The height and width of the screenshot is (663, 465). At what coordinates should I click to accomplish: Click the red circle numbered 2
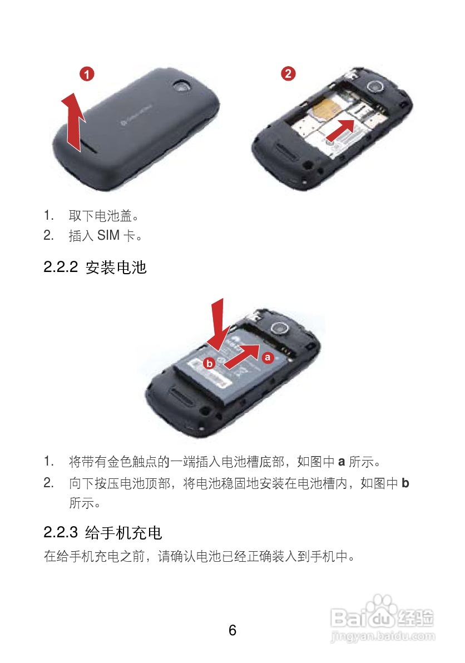288,73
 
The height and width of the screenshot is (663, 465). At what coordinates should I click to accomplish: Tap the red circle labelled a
268,358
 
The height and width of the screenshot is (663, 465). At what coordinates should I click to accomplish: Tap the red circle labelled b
209,364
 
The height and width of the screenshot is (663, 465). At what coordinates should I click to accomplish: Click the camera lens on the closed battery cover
181,86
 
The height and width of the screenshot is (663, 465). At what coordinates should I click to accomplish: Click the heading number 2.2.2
60,268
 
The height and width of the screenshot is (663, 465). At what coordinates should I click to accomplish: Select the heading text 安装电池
116,268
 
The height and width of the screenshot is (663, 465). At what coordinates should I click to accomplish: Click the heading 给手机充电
123,533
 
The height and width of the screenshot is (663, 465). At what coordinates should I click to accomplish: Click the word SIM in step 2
108,236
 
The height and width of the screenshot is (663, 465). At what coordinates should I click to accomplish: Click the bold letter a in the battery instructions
342,462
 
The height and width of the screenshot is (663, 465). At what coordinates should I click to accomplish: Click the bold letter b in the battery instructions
405,483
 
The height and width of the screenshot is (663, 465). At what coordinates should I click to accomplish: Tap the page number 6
233,630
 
